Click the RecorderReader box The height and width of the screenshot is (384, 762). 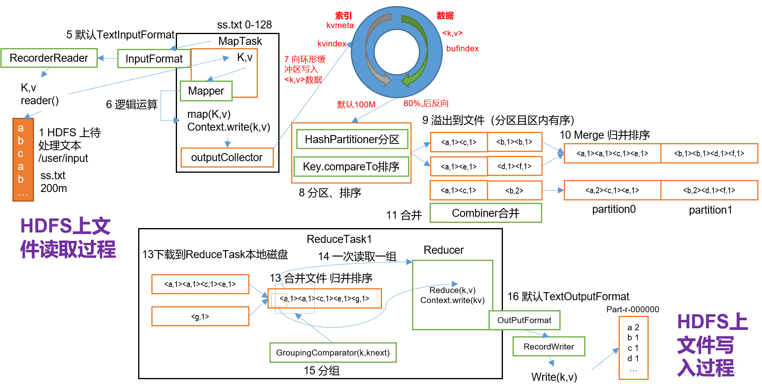[49, 58]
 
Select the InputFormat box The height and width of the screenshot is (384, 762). [154, 59]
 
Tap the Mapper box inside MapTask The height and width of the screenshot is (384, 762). [206, 91]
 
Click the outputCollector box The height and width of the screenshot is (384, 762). [227, 158]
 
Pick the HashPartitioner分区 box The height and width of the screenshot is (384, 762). [352, 139]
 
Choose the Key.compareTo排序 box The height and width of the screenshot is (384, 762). [351, 166]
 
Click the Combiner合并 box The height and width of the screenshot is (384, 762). [486, 213]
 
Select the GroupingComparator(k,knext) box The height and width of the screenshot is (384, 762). [333, 353]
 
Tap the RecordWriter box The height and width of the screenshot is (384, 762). [549, 346]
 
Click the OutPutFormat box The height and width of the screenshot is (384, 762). [524, 320]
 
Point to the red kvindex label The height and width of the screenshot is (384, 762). [332, 44]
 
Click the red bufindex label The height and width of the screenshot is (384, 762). [462, 49]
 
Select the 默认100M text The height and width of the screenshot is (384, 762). [356, 105]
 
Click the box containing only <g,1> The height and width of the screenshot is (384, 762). [200, 316]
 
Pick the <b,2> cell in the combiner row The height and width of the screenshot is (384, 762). [515, 190]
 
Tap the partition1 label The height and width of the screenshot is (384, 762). [710, 210]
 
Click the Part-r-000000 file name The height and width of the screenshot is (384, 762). [633, 309]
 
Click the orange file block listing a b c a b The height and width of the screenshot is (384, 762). [23, 160]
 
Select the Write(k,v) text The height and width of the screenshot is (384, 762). [554, 377]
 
